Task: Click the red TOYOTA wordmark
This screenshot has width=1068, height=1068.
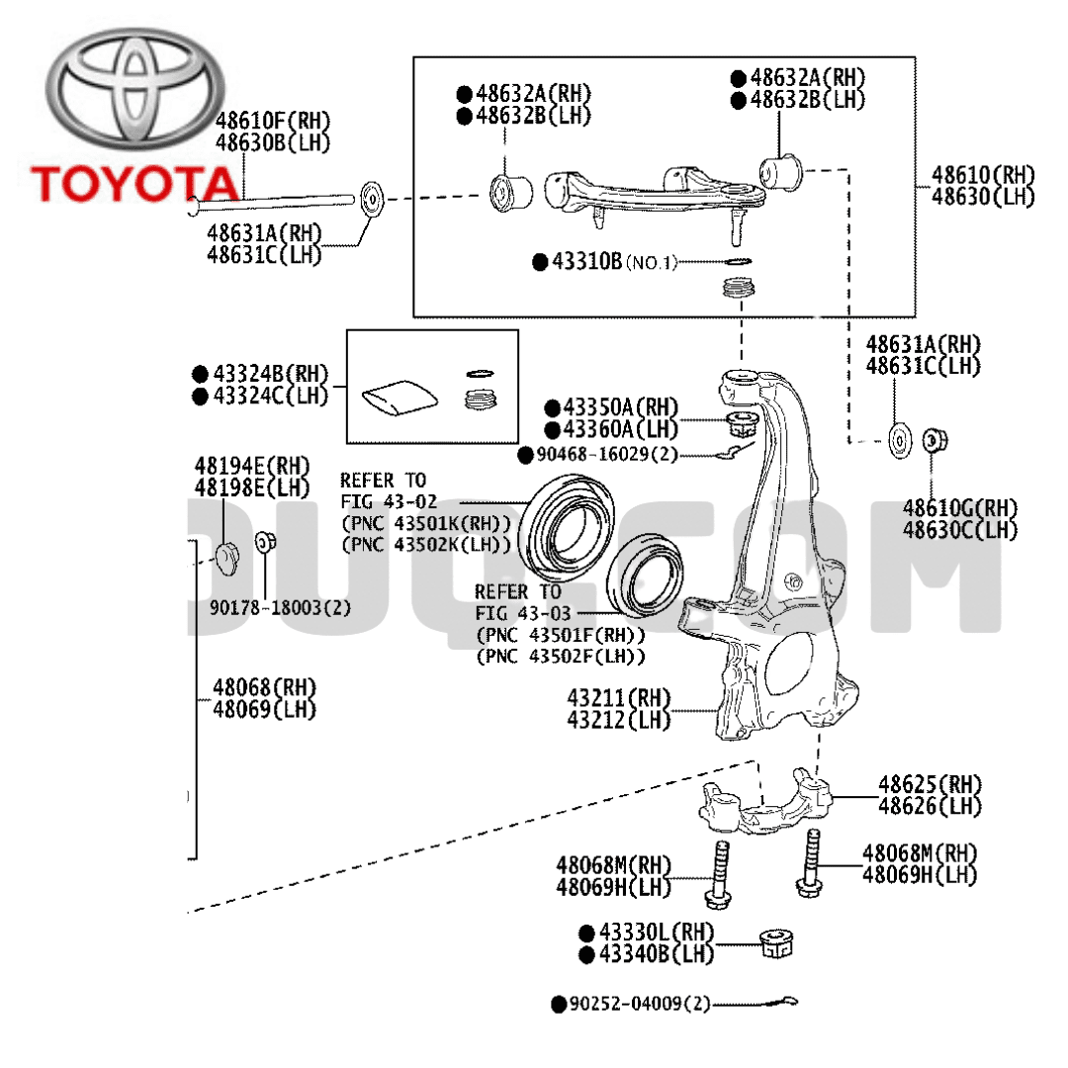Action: [x=134, y=183]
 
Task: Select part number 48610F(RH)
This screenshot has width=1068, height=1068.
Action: [x=273, y=122]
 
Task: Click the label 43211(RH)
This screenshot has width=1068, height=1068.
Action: [x=619, y=698]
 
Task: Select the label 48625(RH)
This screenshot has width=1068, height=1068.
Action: [x=930, y=785]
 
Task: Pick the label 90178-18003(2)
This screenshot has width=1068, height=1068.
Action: [x=280, y=607]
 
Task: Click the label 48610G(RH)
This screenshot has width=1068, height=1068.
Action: [x=959, y=508]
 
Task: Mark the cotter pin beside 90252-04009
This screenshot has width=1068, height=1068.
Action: [x=781, y=1001]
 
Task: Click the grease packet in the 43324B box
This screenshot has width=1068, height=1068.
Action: [x=399, y=400]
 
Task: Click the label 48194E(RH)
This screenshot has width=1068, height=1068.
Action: [x=251, y=466]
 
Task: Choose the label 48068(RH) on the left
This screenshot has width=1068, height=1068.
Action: [x=264, y=687]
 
